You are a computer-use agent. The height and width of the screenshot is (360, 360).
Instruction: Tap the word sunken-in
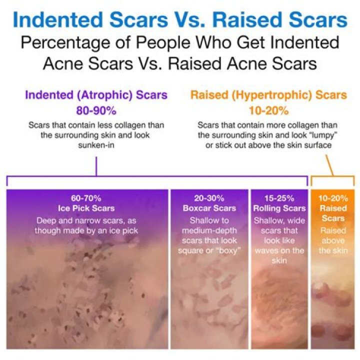(x=95, y=143)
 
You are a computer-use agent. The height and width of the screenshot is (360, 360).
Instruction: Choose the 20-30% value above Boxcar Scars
(x=209, y=198)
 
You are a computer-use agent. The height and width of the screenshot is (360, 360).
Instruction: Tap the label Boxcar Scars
(x=209, y=208)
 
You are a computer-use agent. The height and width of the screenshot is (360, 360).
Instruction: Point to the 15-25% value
(x=279, y=198)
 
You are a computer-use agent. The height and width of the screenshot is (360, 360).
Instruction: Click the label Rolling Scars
(x=279, y=208)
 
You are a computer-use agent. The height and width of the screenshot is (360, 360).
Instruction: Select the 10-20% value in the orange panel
(x=333, y=198)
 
